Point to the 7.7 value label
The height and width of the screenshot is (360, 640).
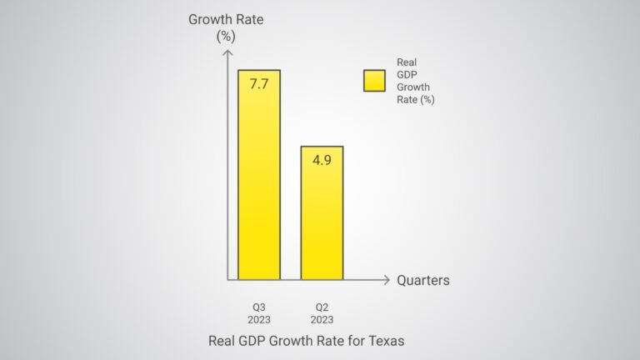pos(258,85)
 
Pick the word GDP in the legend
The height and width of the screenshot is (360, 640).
pos(407,72)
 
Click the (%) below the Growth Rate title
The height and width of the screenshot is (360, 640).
pos(227,37)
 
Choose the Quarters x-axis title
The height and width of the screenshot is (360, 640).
pos(422,281)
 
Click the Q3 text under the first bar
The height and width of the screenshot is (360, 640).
pos(258,306)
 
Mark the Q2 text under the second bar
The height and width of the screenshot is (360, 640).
pos(322,306)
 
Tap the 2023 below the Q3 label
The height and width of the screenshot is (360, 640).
pos(258,319)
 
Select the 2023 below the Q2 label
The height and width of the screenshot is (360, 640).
pos(322,319)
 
